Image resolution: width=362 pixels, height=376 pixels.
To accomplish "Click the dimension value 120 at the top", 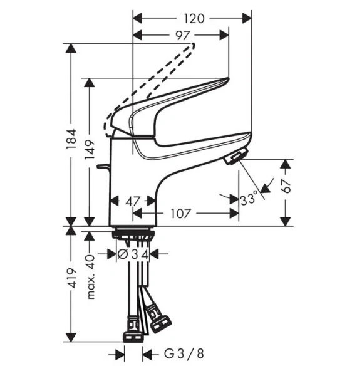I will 194,18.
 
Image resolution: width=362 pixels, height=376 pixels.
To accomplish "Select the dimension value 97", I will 182,36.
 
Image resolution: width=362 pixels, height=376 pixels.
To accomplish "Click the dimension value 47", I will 132,201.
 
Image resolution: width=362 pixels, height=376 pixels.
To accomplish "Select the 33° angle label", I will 249,199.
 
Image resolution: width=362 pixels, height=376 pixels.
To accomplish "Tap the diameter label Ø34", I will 132,254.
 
